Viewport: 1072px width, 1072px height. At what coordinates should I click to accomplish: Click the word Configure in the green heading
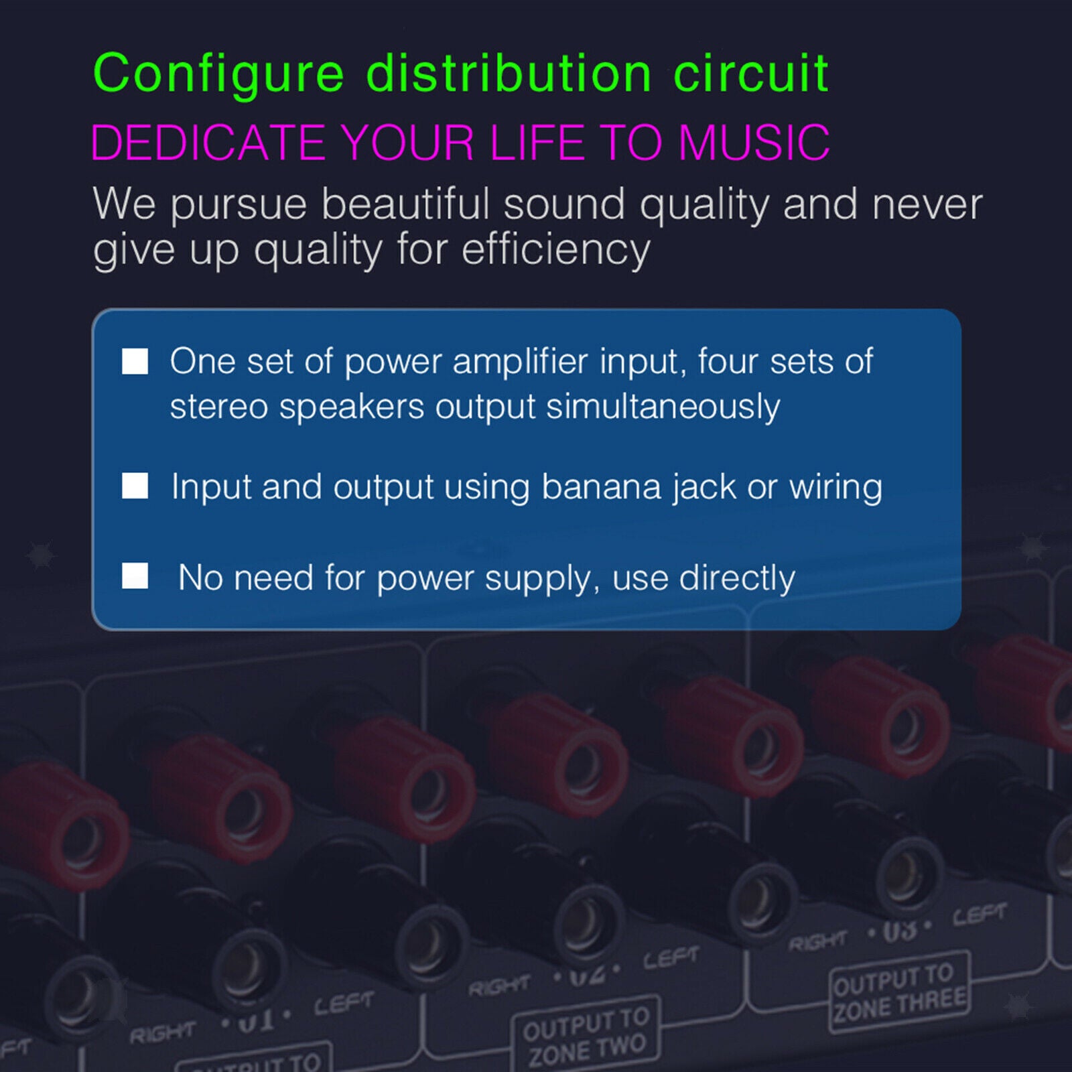[218, 74]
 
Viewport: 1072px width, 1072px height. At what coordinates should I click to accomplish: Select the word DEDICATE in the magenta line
[208, 142]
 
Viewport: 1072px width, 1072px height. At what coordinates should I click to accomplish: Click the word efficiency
[555, 249]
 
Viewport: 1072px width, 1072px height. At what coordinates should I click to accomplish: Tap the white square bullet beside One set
[135, 361]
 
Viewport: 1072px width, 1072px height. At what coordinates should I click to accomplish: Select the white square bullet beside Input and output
[135, 486]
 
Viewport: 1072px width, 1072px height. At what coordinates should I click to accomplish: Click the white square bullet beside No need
[135, 576]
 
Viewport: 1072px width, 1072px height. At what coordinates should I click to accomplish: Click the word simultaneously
[663, 407]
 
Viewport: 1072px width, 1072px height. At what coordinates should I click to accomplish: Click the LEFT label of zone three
[979, 915]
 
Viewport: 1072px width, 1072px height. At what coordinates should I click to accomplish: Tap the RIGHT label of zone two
[498, 986]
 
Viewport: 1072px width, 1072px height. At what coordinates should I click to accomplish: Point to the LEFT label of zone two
[671, 958]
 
